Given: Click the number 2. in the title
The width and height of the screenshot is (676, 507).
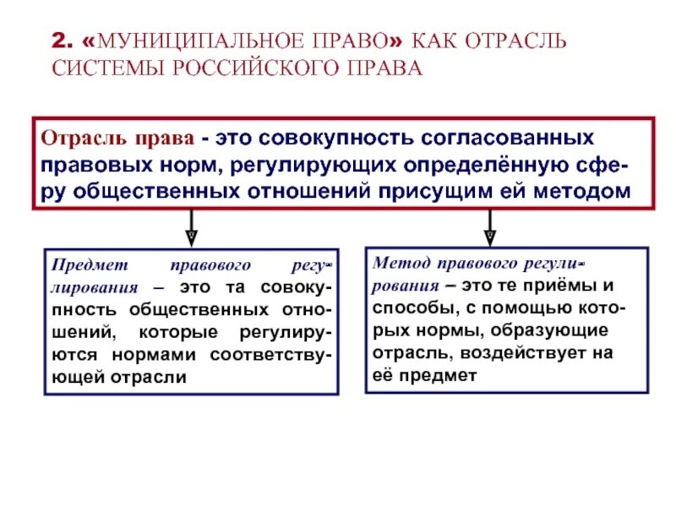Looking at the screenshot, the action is pos(63,41).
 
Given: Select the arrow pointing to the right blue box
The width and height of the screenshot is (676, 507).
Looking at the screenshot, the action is pos(489,228).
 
